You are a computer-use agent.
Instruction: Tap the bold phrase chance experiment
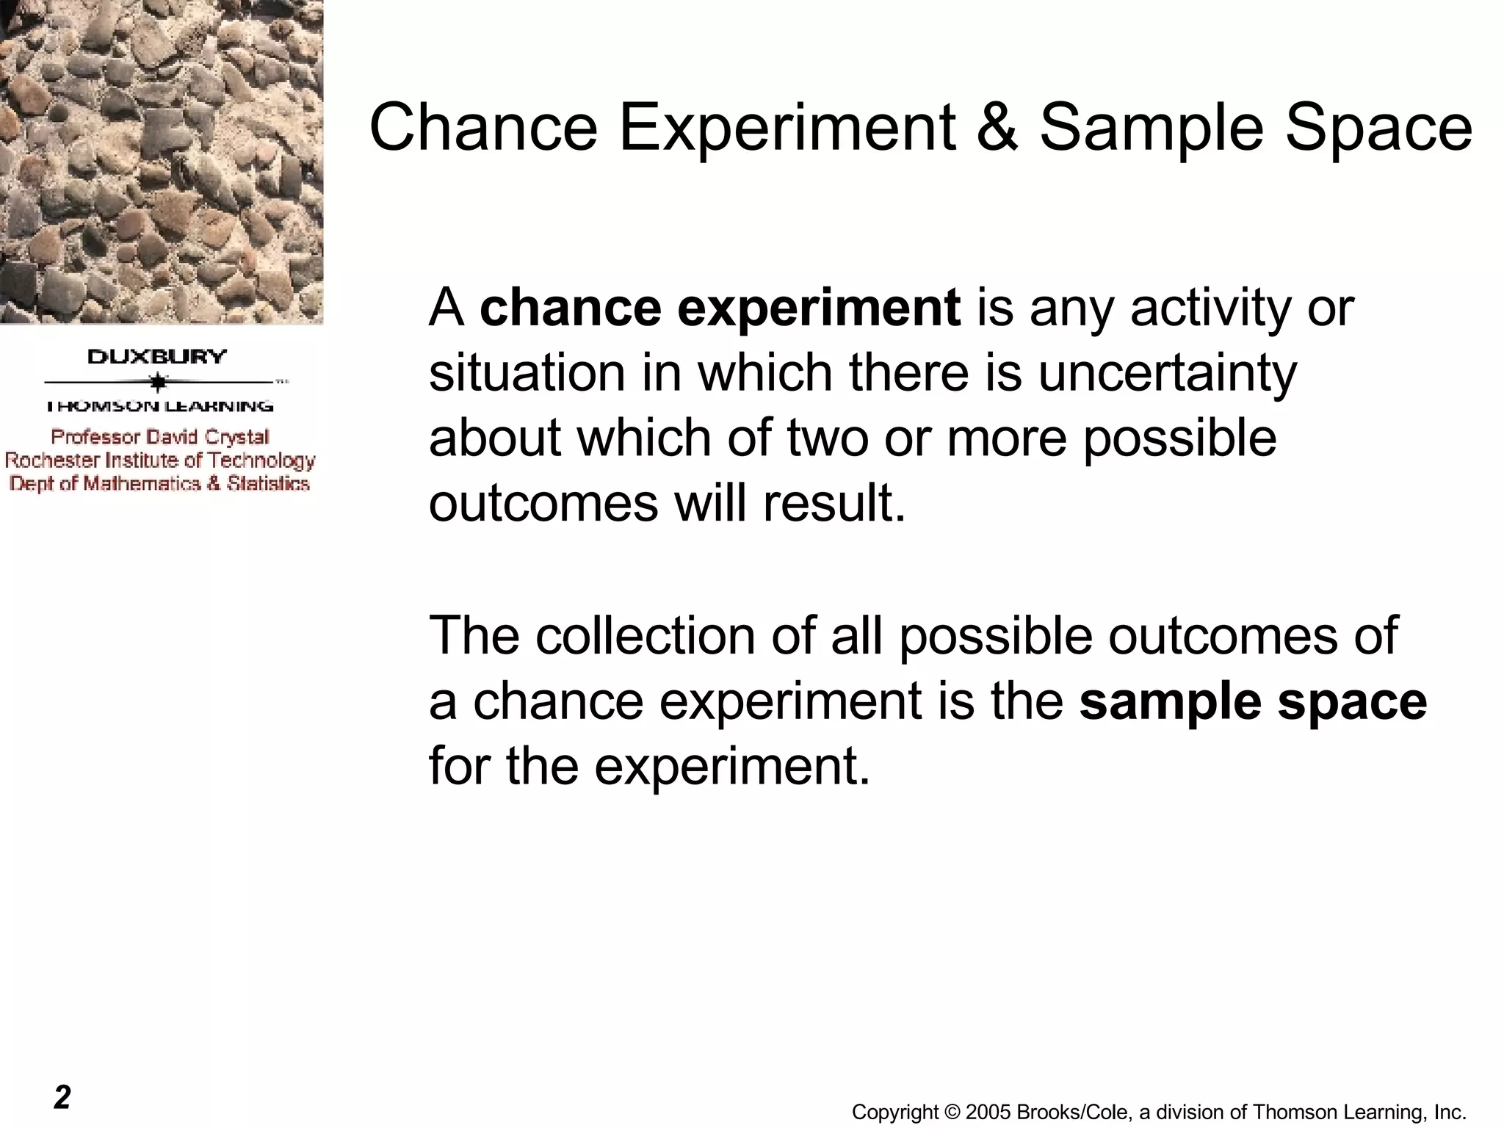(720, 308)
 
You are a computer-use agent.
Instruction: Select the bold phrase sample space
(1253, 701)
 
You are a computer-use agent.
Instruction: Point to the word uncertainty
(1167, 373)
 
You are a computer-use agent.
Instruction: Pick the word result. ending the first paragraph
(834, 504)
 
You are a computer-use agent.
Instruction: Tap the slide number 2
(62, 1097)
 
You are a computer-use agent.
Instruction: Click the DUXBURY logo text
(157, 357)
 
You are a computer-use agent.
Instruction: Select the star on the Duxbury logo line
(158, 383)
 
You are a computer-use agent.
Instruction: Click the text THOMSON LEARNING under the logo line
(159, 406)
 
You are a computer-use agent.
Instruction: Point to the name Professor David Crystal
(160, 437)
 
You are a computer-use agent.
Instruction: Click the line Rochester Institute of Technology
(160, 460)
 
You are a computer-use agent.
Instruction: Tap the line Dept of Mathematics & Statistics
(159, 484)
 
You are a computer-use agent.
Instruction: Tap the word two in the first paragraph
(830, 438)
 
